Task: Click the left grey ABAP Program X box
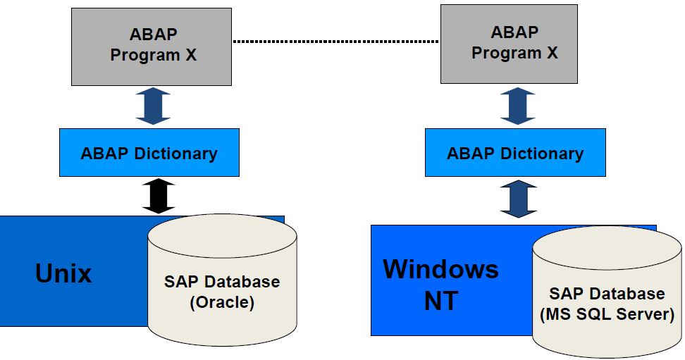pyautogui.click(x=153, y=46)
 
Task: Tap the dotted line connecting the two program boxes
pyautogui.click(x=335, y=42)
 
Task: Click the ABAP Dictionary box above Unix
pyautogui.click(x=149, y=153)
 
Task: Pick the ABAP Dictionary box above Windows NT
pyautogui.click(x=515, y=153)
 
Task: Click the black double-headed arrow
pyautogui.click(x=158, y=196)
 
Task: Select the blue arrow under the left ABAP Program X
pyautogui.click(x=153, y=106)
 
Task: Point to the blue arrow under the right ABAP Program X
pyautogui.click(x=518, y=106)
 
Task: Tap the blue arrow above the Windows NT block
pyautogui.click(x=518, y=198)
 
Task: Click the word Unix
pyautogui.click(x=63, y=273)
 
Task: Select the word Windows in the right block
pyautogui.click(x=440, y=269)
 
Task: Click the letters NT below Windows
pyautogui.click(x=441, y=301)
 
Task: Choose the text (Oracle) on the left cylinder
pyautogui.click(x=222, y=304)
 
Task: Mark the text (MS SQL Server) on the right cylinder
pyautogui.click(x=607, y=314)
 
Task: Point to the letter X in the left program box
pyautogui.click(x=191, y=55)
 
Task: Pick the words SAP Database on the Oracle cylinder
pyautogui.click(x=222, y=282)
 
